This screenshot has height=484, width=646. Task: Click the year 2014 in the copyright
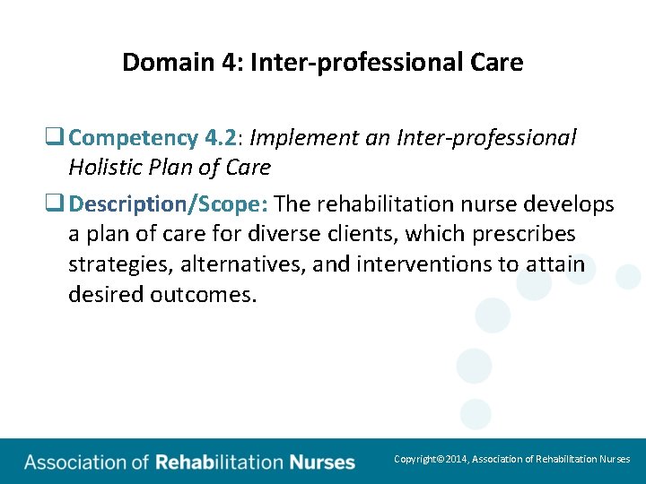[x=454, y=459]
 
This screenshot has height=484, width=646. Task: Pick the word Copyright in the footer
[x=415, y=459]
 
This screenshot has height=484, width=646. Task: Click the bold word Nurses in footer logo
[x=322, y=462]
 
